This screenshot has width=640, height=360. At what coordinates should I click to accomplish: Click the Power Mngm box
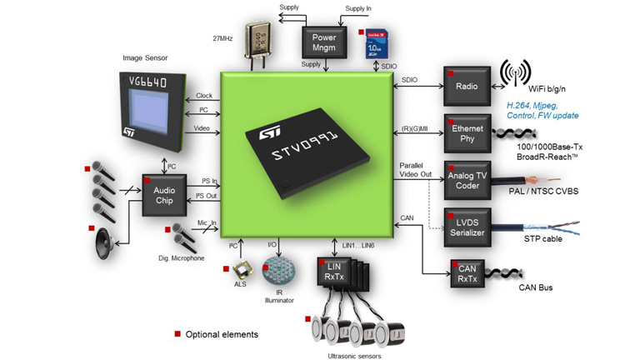[323, 42]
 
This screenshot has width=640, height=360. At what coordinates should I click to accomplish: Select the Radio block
[467, 85]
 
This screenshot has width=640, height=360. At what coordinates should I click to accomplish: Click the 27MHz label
[222, 37]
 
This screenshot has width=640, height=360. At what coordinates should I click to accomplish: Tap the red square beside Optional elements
[177, 333]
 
